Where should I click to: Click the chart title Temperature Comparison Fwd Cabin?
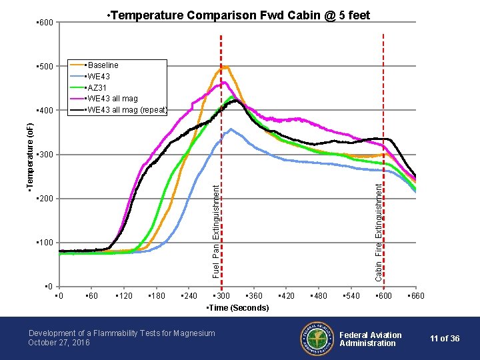click(x=238, y=15)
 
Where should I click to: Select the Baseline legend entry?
click(x=102, y=65)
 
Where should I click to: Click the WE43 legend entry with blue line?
click(x=98, y=77)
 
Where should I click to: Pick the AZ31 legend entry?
click(x=97, y=88)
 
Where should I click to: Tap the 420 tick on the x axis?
click(x=287, y=296)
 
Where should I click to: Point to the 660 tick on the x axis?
click(x=415, y=296)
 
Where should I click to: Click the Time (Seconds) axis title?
click(x=238, y=307)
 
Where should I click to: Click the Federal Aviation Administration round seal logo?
click(x=315, y=339)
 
